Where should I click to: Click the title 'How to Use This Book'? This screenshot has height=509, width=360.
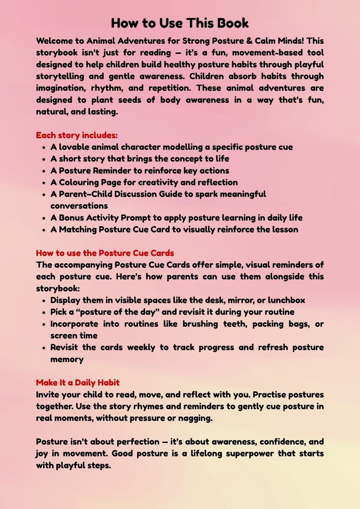(x=180, y=23)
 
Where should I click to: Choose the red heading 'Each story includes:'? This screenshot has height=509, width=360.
(x=77, y=135)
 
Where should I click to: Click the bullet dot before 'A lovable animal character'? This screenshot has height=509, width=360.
(x=44, y=148)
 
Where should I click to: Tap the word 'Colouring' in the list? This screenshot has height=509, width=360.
(x=78, y=183)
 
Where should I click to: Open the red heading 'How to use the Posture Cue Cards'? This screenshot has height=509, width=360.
(x=105, y=253)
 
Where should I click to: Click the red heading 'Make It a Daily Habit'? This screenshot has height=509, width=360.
(x=78, y=383)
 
